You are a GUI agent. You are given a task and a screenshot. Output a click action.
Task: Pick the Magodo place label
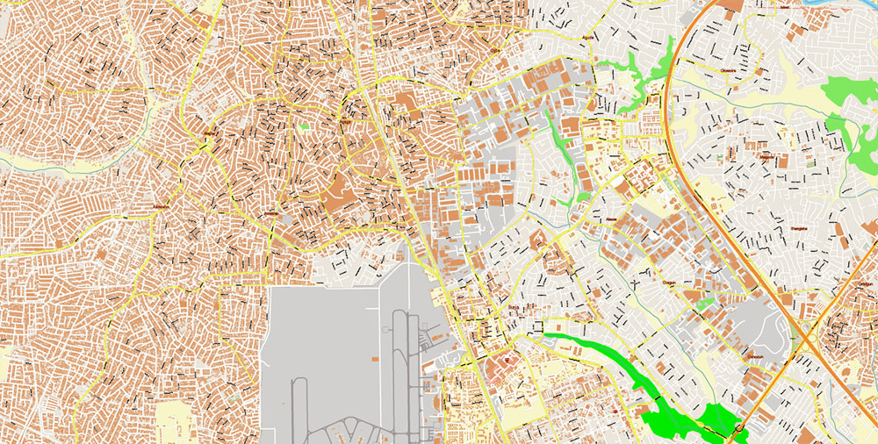767,159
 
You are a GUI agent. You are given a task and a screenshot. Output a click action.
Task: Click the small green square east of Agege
304,126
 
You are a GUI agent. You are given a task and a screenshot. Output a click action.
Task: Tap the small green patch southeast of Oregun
705,304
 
